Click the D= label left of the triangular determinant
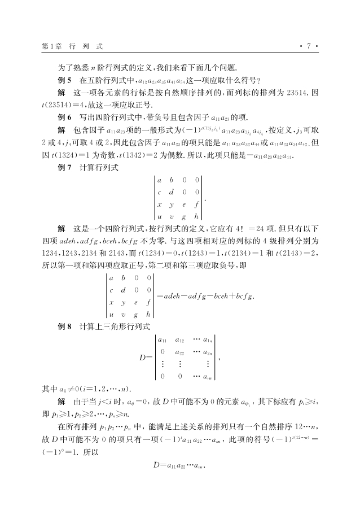(x=145, y=357)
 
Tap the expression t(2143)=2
(x=293, y=254)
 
